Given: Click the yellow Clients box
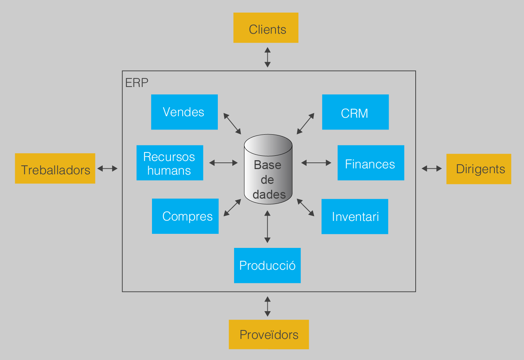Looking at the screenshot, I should coord(266,28).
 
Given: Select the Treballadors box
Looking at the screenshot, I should coord(55,168).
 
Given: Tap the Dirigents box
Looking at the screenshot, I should coord(479,169).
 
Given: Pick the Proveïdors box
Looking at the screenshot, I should coord(269,334).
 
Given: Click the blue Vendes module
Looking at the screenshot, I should coord(184,112).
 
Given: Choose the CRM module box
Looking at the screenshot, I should coord(355,112).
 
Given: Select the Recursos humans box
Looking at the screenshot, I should coord(169,163).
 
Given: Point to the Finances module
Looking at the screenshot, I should coord(371,163).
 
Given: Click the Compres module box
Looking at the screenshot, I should coord(185,216).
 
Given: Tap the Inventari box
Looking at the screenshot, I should coord(355,216).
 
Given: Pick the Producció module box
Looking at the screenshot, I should coord(267,265).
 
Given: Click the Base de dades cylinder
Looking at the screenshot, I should coord(268,169).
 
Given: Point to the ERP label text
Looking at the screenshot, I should coord(137,83).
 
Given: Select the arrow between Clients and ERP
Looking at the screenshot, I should coord(267,57).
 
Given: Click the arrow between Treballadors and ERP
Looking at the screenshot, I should coord(107,169).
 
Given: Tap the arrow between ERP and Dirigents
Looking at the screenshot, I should coord(432,169).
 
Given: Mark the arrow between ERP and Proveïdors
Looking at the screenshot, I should coord(267,306).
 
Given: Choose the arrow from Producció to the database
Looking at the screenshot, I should coord(267,226).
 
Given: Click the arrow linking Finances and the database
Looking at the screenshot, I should coord(316,163).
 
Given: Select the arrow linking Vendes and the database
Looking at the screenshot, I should coord(232,124).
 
